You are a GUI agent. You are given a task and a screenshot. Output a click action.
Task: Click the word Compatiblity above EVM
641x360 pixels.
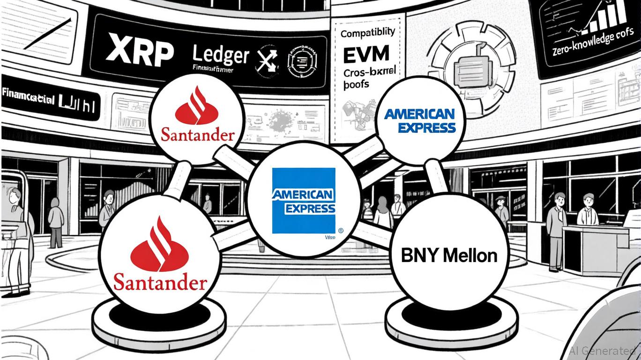[x=368, y=33]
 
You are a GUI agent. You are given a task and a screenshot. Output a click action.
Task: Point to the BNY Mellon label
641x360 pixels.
[x=449, y=255]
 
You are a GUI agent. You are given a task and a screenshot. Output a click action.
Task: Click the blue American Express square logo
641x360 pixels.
[x=304, y=201]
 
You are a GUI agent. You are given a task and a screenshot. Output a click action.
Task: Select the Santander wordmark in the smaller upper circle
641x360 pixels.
[x=197, y=135]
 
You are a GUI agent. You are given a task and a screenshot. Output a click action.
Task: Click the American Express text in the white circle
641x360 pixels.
[x=419, y=121]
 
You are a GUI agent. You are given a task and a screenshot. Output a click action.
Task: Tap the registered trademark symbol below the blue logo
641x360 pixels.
[x=340, y=230]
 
